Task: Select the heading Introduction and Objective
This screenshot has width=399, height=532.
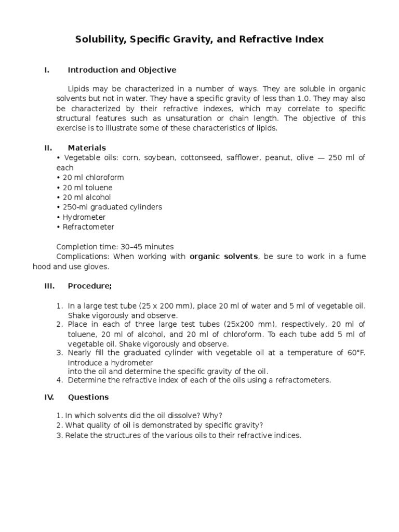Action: coord(122,70)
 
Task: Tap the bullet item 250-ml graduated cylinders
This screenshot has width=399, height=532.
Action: coord(109,207)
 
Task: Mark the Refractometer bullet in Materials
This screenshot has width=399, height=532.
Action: coord(85,227)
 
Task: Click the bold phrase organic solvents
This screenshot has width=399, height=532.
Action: coord(223,257)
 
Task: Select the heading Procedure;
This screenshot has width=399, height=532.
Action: coord(90,286)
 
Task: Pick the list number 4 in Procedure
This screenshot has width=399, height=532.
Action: coord(59,380)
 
